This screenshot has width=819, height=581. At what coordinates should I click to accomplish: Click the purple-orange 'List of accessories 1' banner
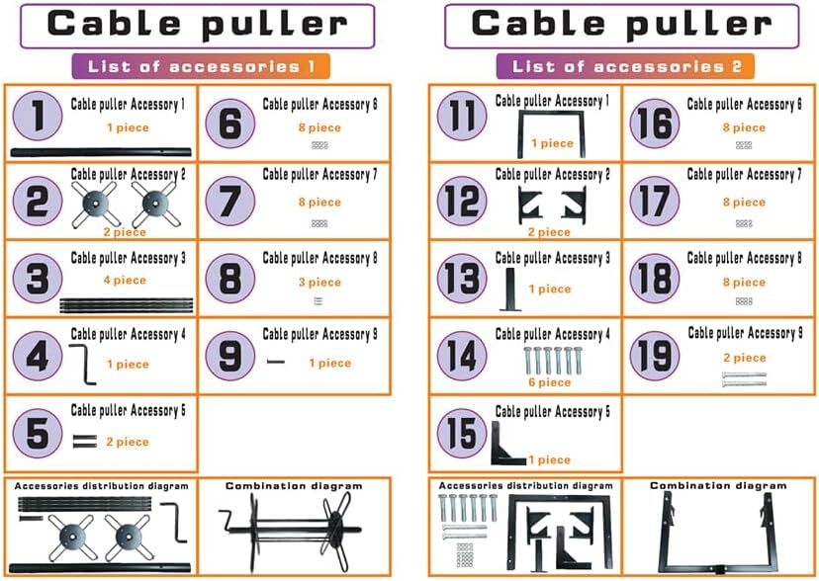pos(201,67)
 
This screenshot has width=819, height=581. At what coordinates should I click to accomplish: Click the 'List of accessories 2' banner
pos(625,67)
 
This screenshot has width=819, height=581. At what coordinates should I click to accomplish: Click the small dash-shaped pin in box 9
pos(276,363)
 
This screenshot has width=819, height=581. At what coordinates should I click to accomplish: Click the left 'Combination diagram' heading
pos(294,486)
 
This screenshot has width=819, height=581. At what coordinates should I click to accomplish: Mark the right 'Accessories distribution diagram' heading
pos(525,486)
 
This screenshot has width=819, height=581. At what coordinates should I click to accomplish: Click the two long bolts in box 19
pos(744,378)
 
